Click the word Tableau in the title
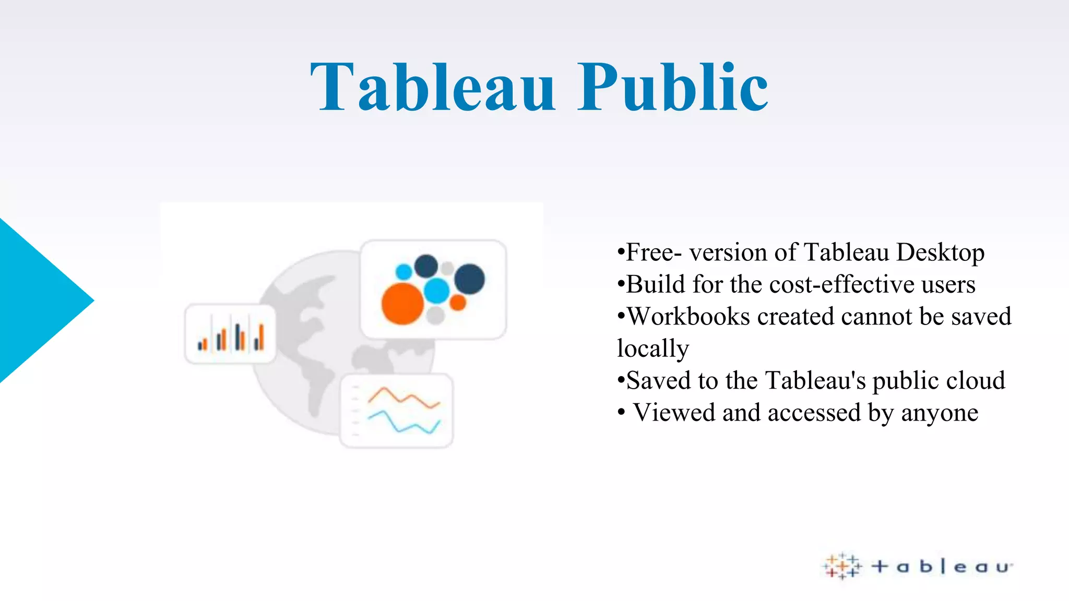tap(433, 88)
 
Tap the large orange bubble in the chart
tap(402, 304)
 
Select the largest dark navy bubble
tap(469, 279)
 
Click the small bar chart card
tap(230, 334)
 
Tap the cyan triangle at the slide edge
tap(37, 300)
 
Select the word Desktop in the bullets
tap(940, 253)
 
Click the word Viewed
tap(674, 413)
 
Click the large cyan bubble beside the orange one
tap(436, 291)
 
